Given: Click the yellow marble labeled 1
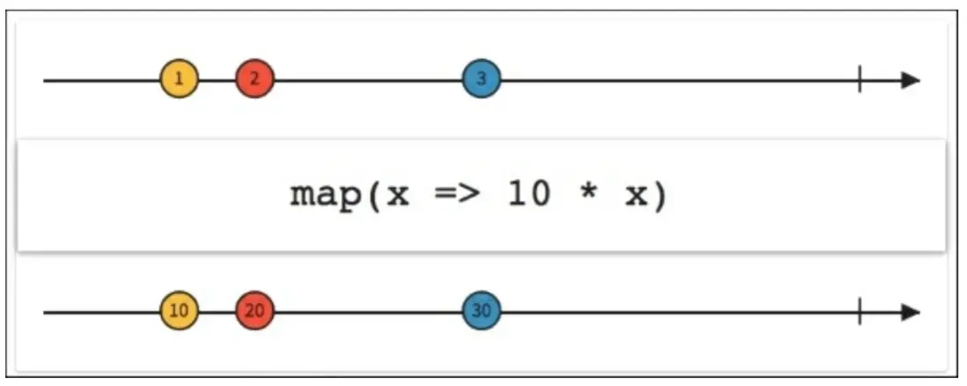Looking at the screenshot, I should click(x=180, y=79).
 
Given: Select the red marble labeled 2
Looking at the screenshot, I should click(x=255, y=79).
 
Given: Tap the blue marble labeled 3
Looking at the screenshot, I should click(x=481, y=79).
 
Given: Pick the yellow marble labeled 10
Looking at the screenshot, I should click(x=180, y=311).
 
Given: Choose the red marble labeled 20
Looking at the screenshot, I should click(x=255, y=311).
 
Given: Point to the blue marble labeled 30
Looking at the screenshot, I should click(x=481, y=311).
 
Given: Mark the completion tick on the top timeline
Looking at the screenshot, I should click(x=859, y=80).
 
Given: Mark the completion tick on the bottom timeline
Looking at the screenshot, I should click(x=859, y=312).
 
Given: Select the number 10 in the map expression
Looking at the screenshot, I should click(x=528, y=195).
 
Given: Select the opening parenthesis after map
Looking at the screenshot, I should click(x=373, y=196).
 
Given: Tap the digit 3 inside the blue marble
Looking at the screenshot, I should click(x=481, y=79).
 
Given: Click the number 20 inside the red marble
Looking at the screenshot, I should click(x=255, y=311).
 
